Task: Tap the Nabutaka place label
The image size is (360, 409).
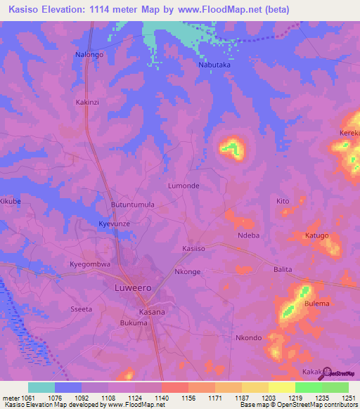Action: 210,63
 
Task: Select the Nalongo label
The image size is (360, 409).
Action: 89,54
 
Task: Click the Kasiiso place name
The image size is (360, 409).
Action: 193,248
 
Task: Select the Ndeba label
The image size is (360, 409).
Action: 249,235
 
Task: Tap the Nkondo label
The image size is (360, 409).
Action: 248,337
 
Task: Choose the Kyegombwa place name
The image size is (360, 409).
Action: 90,264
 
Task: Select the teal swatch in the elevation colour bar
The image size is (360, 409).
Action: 41,387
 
